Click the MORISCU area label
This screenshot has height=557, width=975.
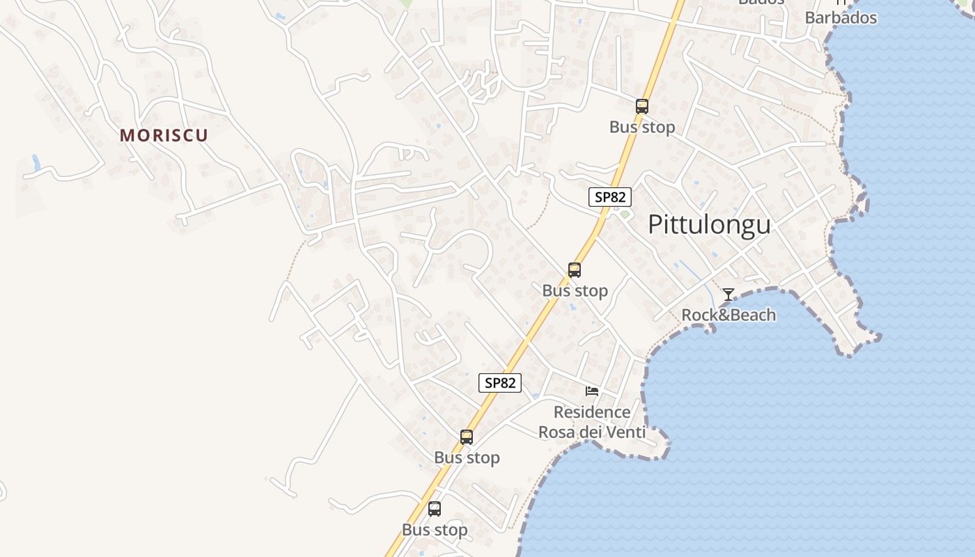point(164,135)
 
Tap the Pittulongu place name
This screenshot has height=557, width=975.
point(709,225)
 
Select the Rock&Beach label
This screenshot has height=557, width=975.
point(728,315)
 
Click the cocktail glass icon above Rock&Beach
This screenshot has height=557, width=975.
point(728,295)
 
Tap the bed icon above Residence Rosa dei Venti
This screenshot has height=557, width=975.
point(592,391)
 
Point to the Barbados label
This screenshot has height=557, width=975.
point(841,17)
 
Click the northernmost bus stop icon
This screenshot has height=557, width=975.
point(642,107)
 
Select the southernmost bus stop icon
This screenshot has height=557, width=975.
point(435,509)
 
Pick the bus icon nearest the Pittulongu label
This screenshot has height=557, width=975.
point(575,270)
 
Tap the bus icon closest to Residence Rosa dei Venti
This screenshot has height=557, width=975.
point(467,437)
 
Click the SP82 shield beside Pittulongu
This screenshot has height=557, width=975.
point(610,197)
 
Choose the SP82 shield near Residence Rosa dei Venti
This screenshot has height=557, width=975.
point(500,382)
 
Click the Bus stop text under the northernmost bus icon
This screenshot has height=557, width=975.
point(642,127)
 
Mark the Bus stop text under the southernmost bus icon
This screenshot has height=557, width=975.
point(435,530)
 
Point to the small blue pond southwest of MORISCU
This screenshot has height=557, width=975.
point(36,164)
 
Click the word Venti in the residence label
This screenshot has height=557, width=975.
point(625,432)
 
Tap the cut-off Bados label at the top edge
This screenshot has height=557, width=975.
point(761,2)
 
